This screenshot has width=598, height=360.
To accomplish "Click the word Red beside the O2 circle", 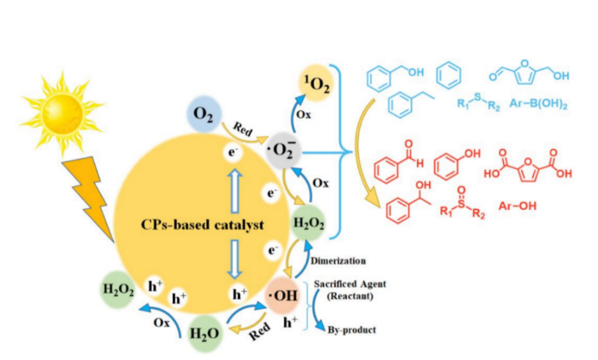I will coord(243,129).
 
